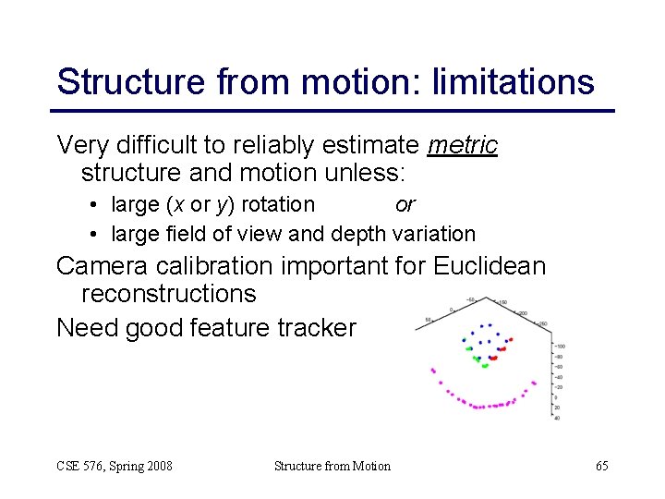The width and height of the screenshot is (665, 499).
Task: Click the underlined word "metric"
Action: (464, 146)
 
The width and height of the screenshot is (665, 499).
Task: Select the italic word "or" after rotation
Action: (405, 204)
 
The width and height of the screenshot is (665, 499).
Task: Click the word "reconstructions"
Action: (169, 294)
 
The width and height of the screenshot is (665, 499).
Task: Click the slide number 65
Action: (601, 466)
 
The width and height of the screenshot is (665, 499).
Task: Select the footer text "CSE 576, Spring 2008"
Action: (115, 466)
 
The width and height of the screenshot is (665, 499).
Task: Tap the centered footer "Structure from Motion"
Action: (332, 466)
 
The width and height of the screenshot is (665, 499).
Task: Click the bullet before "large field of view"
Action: (95, 235)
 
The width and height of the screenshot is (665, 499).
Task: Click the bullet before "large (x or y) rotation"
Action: (95, 205)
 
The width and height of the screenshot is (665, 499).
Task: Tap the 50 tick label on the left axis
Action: (427, 320)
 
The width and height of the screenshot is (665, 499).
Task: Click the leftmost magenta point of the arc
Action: (433, 370)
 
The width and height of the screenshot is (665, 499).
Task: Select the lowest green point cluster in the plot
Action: (484, 365)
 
